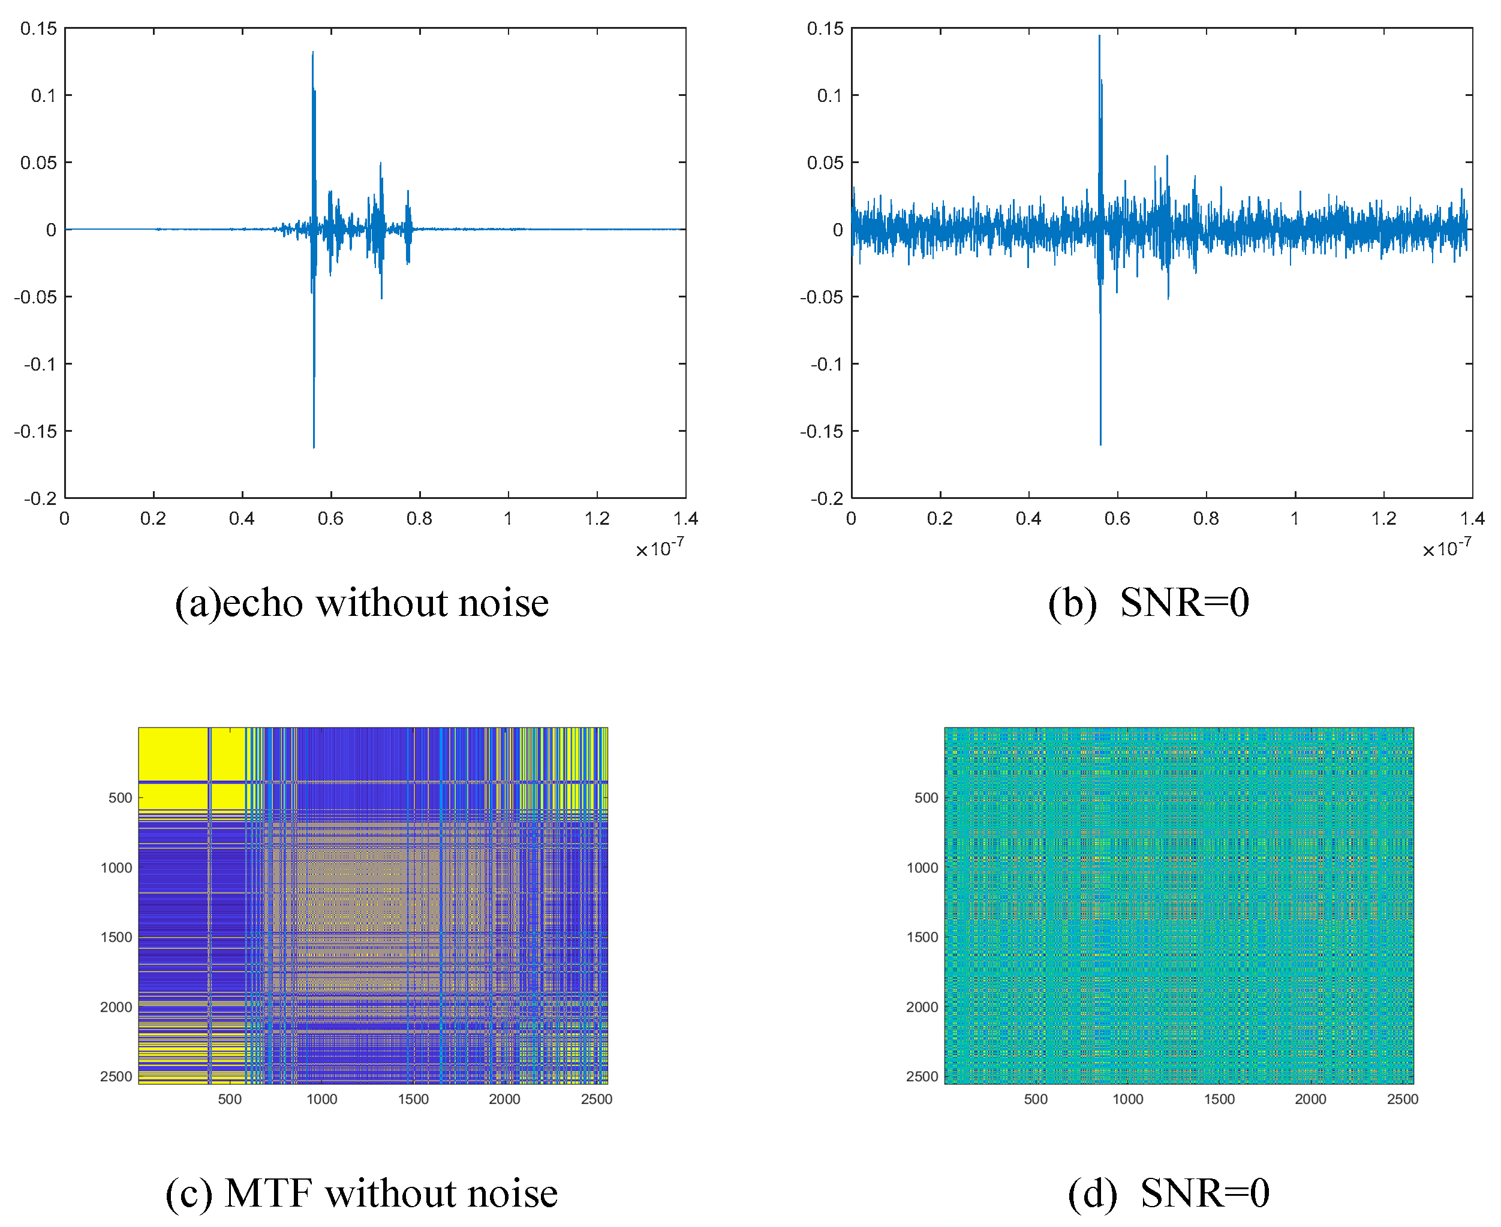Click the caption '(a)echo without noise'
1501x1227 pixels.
click(x=361, y=603)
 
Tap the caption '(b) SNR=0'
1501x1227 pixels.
click(x=1148, y=603)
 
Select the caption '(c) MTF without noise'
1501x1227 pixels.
click(x=361, y=1192)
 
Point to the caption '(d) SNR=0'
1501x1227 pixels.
click(x=1168, y=1192)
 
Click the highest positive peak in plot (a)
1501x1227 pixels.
click(x=312, y=52)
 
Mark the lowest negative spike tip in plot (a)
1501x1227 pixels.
click(x=314, y=447)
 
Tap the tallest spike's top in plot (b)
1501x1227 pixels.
click(x=1099, y=36)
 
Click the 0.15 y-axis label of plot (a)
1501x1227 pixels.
click(x=38, y=28)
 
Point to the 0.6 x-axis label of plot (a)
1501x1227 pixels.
click(x=330, y=519)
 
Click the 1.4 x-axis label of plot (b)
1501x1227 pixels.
click(x=1472, y=519)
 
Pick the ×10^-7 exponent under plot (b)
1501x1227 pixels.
click(x=1446, y=549)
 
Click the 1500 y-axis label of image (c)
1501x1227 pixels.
click(x=116, y=937)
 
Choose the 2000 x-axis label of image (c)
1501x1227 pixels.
click(x=504, y=1099)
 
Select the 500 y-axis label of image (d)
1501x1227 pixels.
click(x=926, y=798)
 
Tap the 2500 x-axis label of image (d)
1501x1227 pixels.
click(x=1402, y=1099)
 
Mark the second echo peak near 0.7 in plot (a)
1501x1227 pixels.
click(x=381, y=163)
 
